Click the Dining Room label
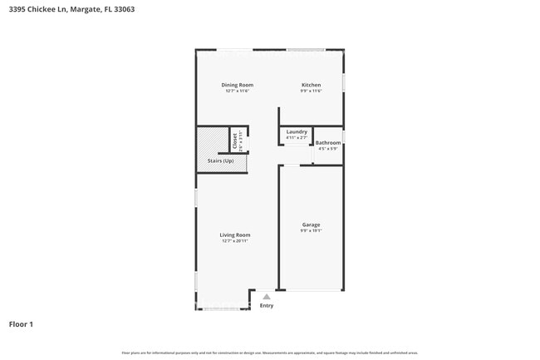click(x=237, y=85)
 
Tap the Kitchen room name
click(x=311, y=85)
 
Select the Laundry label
click(x=297, y=132)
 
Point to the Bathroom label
click(x=328, y=143)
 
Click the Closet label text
click(x=235, y=141)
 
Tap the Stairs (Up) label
click(x=220, y=160)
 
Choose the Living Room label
click(x=235, y=234)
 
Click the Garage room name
click(x=311, y=224)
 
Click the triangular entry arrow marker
click(x=266, y=296)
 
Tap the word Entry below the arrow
click(x=266, y=305)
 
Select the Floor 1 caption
click(x=21, y=323)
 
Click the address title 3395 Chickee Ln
click(x=39, y=9)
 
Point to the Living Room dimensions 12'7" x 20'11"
click(x=235, y=240)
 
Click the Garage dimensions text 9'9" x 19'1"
click(x=311, y=230)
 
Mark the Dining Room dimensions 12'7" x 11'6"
click(x=237, y=91)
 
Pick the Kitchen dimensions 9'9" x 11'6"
click(x=311, y=91)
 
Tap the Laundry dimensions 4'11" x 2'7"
click(x=297, y=138)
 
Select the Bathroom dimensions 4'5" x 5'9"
click(x=328, y=149)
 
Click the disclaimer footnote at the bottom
click(x=270, y=353)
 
